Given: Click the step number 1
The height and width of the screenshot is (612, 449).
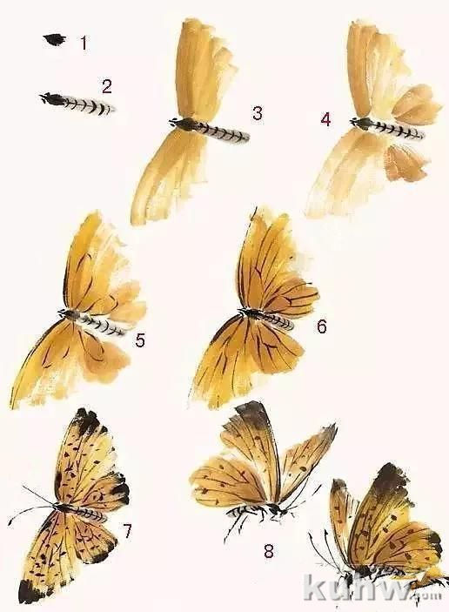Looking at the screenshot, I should (84, 42).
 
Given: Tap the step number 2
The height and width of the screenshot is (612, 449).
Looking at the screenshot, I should (106, 85).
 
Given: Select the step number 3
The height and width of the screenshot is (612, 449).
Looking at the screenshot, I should (258, 112).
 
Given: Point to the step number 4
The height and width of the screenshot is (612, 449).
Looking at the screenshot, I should (325, 118).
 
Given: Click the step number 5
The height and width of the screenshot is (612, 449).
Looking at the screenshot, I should (139, 340).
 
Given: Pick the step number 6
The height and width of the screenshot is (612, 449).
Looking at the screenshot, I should (321, 326).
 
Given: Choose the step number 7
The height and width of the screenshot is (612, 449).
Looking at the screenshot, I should (127, 530).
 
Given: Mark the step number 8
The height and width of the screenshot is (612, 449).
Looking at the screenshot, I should (268, 550).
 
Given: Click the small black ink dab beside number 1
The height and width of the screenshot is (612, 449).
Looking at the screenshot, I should (55, 39).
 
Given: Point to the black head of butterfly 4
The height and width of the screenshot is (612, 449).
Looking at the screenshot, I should (360, 124).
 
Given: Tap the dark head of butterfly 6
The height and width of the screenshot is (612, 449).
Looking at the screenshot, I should (249, 313).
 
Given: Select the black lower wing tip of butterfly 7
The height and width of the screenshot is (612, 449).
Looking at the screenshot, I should (30, 592).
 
